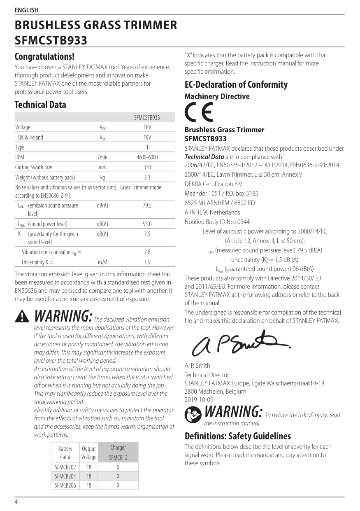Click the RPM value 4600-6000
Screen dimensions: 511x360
tap(147, 157)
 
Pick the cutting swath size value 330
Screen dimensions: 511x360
tap(147, 167)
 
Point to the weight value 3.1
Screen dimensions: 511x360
tap(147, 177)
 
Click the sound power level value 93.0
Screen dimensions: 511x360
tap(147, 224)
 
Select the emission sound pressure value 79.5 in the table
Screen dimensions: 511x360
tap(147, 205)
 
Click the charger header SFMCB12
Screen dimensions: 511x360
tap(118, 457)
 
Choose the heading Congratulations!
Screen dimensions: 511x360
tap(44, 56)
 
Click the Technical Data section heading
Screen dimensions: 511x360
tap(40, 105)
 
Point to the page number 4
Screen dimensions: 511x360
tap(16, 502)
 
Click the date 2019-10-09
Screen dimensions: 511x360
tap(199, 400)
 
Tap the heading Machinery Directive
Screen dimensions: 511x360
tap(217, 96)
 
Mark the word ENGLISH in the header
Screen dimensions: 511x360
tap(26, 10)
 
